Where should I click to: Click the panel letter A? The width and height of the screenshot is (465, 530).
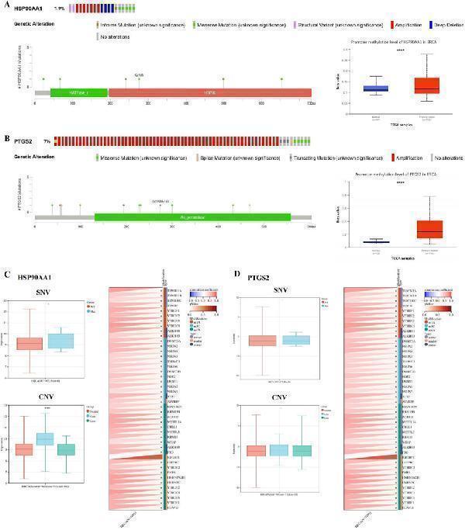click(8, 7)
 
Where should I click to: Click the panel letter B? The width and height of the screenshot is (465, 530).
click(8, 140)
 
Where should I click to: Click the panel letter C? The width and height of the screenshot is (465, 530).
click(7, 274)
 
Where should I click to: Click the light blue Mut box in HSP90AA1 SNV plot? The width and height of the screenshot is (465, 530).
click(82, 341)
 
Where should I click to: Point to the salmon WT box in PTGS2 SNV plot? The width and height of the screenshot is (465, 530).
click(262, 341)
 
